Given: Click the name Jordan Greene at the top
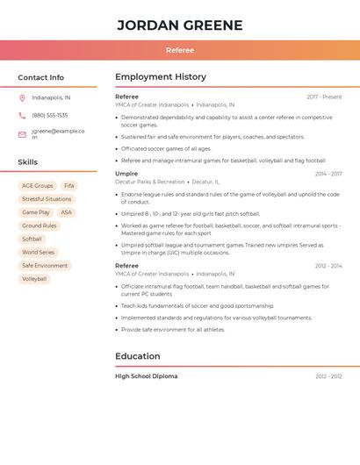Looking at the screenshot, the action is tap(179, 25).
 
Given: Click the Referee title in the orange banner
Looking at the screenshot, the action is tap(179, 50).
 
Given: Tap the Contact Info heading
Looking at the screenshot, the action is tap(40, 77).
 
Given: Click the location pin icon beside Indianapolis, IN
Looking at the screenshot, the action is tap(22, 98).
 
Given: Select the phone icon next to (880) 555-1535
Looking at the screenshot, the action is tap(22, 115).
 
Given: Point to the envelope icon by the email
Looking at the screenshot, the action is tap(22, 134).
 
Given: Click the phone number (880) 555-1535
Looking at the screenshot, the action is tap(49, 115).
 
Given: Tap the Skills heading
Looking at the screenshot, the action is tap(27, 162).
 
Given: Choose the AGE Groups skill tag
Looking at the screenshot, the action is tap(38, 186).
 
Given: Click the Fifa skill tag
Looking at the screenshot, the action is tap(69, 186).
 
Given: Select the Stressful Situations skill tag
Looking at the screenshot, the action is tap(47, 199).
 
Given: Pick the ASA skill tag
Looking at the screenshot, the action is tap(66, 212).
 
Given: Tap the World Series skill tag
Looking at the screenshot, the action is tap(38, 253).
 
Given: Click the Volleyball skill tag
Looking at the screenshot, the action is tap(34, 279).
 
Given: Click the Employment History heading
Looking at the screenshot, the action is tap(161, 77).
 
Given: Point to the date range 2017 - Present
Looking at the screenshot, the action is tap(324, 97).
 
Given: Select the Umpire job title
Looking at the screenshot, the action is tap(126, 174).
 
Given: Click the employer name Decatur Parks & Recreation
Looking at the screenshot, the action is tap(150, 182).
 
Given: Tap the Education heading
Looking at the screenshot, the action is tap(138, 356).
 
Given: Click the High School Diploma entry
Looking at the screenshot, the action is tap(146, 376).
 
